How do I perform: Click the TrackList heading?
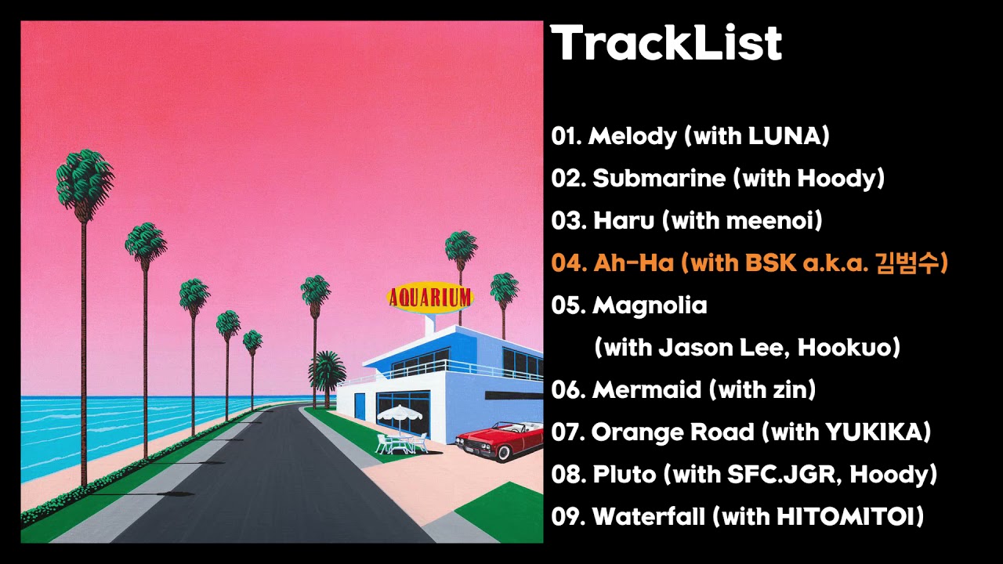(666, 42)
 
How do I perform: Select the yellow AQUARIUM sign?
(429, 298)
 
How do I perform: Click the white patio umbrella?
(400, 413)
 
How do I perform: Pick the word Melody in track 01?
(632, 136)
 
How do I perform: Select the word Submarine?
(659, 178)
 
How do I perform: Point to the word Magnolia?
(650, 305)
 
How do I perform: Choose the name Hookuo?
(844, 347)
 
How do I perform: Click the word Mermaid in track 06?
(646, 389)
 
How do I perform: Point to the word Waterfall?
(649, 516)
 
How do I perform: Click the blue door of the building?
(360, 407)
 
